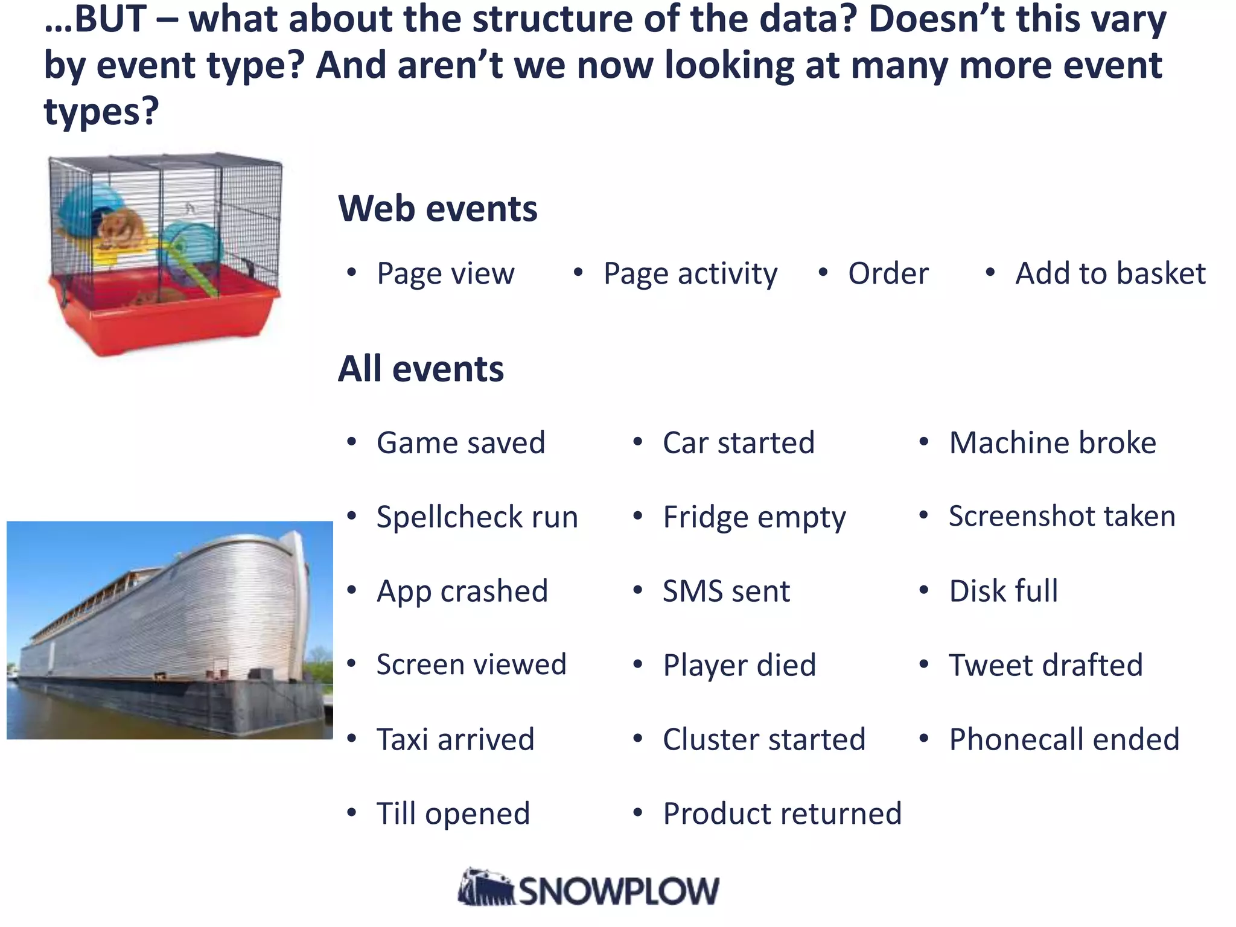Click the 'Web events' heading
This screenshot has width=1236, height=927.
click(438, 209)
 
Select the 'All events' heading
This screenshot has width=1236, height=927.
click(421, 369)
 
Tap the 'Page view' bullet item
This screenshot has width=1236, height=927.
click(445, 273)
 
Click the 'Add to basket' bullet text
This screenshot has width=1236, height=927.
click(1110, 273)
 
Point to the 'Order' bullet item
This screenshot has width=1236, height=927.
click(888, 273)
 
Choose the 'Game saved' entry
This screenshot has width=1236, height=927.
click(460, 443)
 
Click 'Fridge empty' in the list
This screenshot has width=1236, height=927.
click(754, 517)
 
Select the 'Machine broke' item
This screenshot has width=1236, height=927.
click(1053, 443)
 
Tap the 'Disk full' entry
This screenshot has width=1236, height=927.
click(1003, 591)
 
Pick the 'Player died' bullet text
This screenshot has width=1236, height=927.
click(739, 665)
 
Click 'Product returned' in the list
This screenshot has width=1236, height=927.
click(782, 814)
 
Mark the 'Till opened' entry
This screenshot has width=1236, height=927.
click(453, 814)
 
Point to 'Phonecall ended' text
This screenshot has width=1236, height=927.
click(1064, 739)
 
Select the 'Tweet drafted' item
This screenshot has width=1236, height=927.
click(1046, 665)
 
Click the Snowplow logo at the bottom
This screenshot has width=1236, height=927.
click(588, 888)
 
